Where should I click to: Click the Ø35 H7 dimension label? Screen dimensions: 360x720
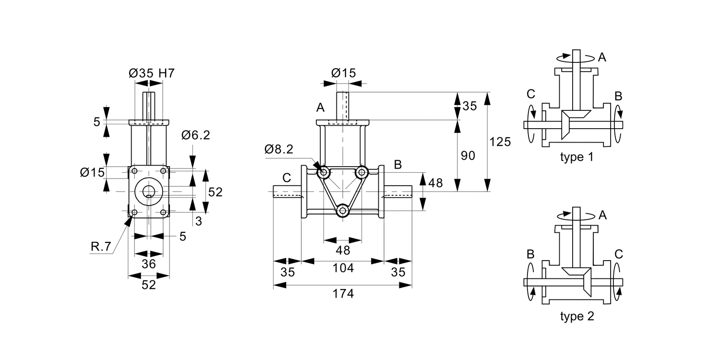pyautogui.click(x=151, y=73)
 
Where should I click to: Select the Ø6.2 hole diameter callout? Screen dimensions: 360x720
pyautogui.click(x=196, y=136)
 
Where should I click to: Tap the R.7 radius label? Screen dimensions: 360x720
pyautogui.click(x=101, y=247)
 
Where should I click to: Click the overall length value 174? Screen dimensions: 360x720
pyautogui.click(x=343, y=294)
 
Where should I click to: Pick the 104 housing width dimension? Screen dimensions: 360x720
pyautogui.click(x=343, y=268)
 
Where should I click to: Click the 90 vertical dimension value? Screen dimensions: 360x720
pyautogui.click(x=468, y=156)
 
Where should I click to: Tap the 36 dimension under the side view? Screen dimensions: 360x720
pyautogui.click(x=149, y=264)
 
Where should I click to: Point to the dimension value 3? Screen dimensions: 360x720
pyautogui.click(x=199, y=221)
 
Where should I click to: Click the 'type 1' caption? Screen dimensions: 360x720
pyautogui.click(x=576, y=157)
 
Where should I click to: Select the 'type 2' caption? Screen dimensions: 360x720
pyautogui.click(x=576, y=317)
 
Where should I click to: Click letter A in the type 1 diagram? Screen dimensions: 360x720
pyautogui.click(x=602, y=58)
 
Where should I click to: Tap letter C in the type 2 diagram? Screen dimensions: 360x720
pyautogui.click(x=619, y=254)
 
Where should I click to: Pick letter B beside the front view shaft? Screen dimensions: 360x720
pyautogui.click(x=397, y=165)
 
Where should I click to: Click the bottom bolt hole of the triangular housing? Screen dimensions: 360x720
pyautogui.click(x=342, y=211)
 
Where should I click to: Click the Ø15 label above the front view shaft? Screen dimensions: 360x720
pyautogui.click(x=343, y=73)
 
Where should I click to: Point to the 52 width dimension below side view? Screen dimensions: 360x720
pyautogui.click(x=149, y=285)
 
